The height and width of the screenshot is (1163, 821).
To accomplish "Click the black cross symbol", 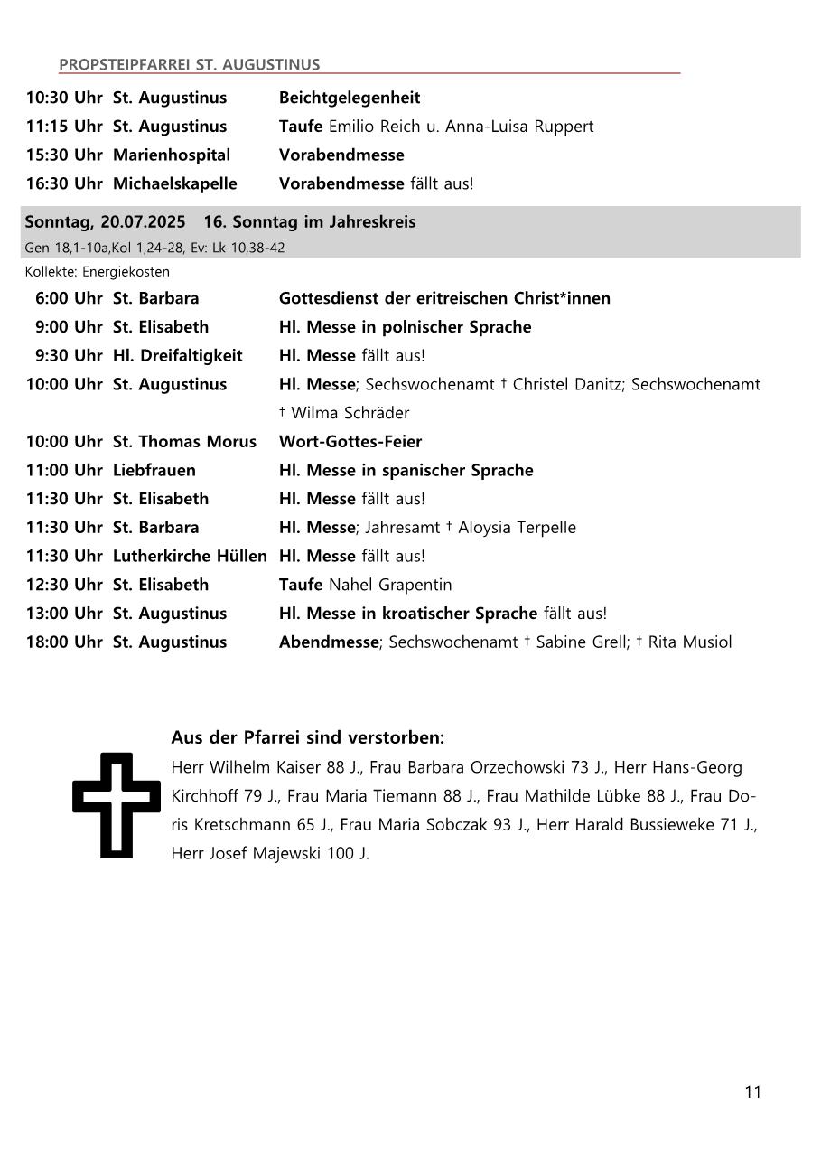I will coord(103,803).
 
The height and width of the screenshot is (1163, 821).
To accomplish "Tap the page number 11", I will coord(752,1093).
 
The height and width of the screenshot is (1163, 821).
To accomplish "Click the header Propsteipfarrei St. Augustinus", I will coord(189,64).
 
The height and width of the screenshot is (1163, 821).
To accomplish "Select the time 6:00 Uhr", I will coord(69,298).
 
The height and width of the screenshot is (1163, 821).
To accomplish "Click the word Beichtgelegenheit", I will coord(350,98).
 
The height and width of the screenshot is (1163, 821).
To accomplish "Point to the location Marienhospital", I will coord(172,155).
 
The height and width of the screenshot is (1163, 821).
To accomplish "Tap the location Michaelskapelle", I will coord(174,183).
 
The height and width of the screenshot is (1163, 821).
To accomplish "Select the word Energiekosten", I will coord(126,271).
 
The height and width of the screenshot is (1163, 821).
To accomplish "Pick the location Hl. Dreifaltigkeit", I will coord(177,356).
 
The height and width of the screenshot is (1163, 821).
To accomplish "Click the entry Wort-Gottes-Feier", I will coord(350,442).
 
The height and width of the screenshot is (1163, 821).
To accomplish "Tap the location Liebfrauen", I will coord(154,471).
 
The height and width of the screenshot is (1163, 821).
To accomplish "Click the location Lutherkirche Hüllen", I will coord(190,557).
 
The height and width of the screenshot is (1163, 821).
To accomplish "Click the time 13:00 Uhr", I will coord(64,614).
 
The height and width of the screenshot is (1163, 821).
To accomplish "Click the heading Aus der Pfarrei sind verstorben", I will coord(307,738).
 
